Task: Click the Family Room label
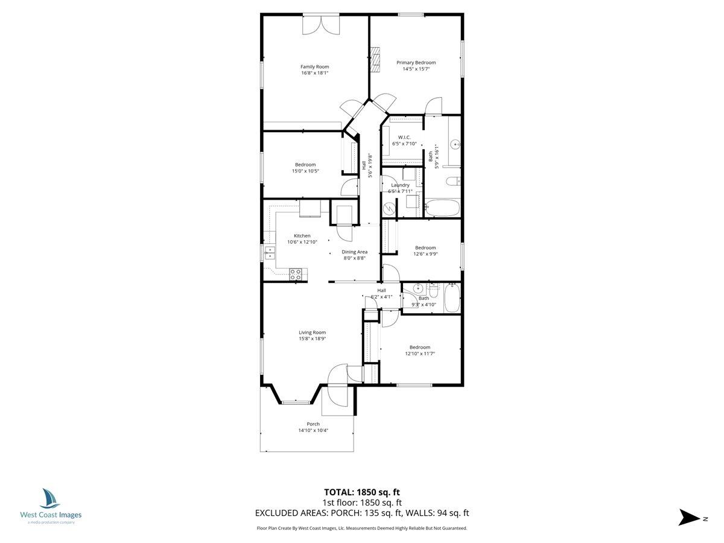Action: tap(314, 66)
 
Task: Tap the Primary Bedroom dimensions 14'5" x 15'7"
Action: tap(416, 69)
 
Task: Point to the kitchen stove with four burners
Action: tap(296, 275)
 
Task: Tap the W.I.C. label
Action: tap(404, 137)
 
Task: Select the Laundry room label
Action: tap(400, 185)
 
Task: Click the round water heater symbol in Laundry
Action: tap(390, 208)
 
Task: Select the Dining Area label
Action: tap(354, 252)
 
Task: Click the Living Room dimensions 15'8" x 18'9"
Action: tap(312, 338)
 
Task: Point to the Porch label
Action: tap(313, 424)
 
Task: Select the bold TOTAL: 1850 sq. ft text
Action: tap(361, 492)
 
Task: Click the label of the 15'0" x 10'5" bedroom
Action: tap(305, 164)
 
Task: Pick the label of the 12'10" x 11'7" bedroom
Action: tap(420, 347)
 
